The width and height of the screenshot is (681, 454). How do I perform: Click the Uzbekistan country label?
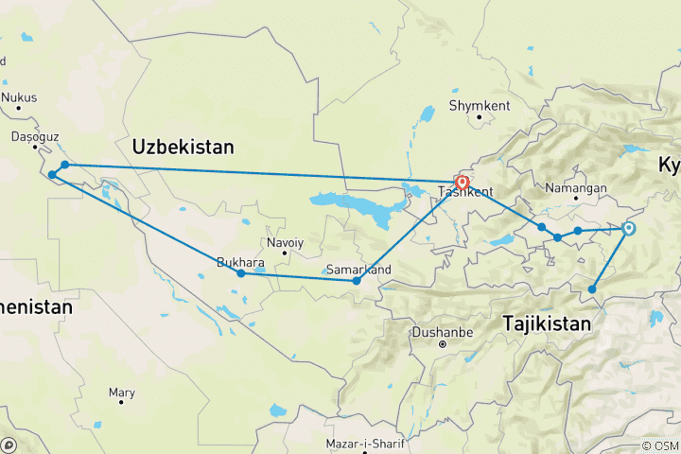click(183, 147)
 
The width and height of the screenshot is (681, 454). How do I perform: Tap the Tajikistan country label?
click(547, 323)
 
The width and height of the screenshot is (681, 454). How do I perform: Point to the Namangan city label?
click(576, 188)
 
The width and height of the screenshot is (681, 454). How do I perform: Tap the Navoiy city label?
click(285, 243)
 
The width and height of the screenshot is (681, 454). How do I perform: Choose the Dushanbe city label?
click(442, 332)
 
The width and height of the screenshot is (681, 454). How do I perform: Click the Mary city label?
click(121, 391)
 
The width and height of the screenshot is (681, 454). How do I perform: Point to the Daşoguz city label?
click(29, 136)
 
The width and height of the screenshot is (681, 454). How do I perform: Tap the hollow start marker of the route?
click(628, 228)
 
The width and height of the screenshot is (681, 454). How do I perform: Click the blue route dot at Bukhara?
click(241, 273)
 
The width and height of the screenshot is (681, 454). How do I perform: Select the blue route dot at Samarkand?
click(357, 281)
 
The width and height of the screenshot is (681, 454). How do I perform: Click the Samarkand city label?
click(358, 268)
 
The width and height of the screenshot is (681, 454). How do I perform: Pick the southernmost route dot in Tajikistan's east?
click(593, 289)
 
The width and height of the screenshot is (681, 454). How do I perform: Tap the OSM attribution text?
click(660, 445)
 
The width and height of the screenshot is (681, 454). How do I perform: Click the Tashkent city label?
click(464, 193)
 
